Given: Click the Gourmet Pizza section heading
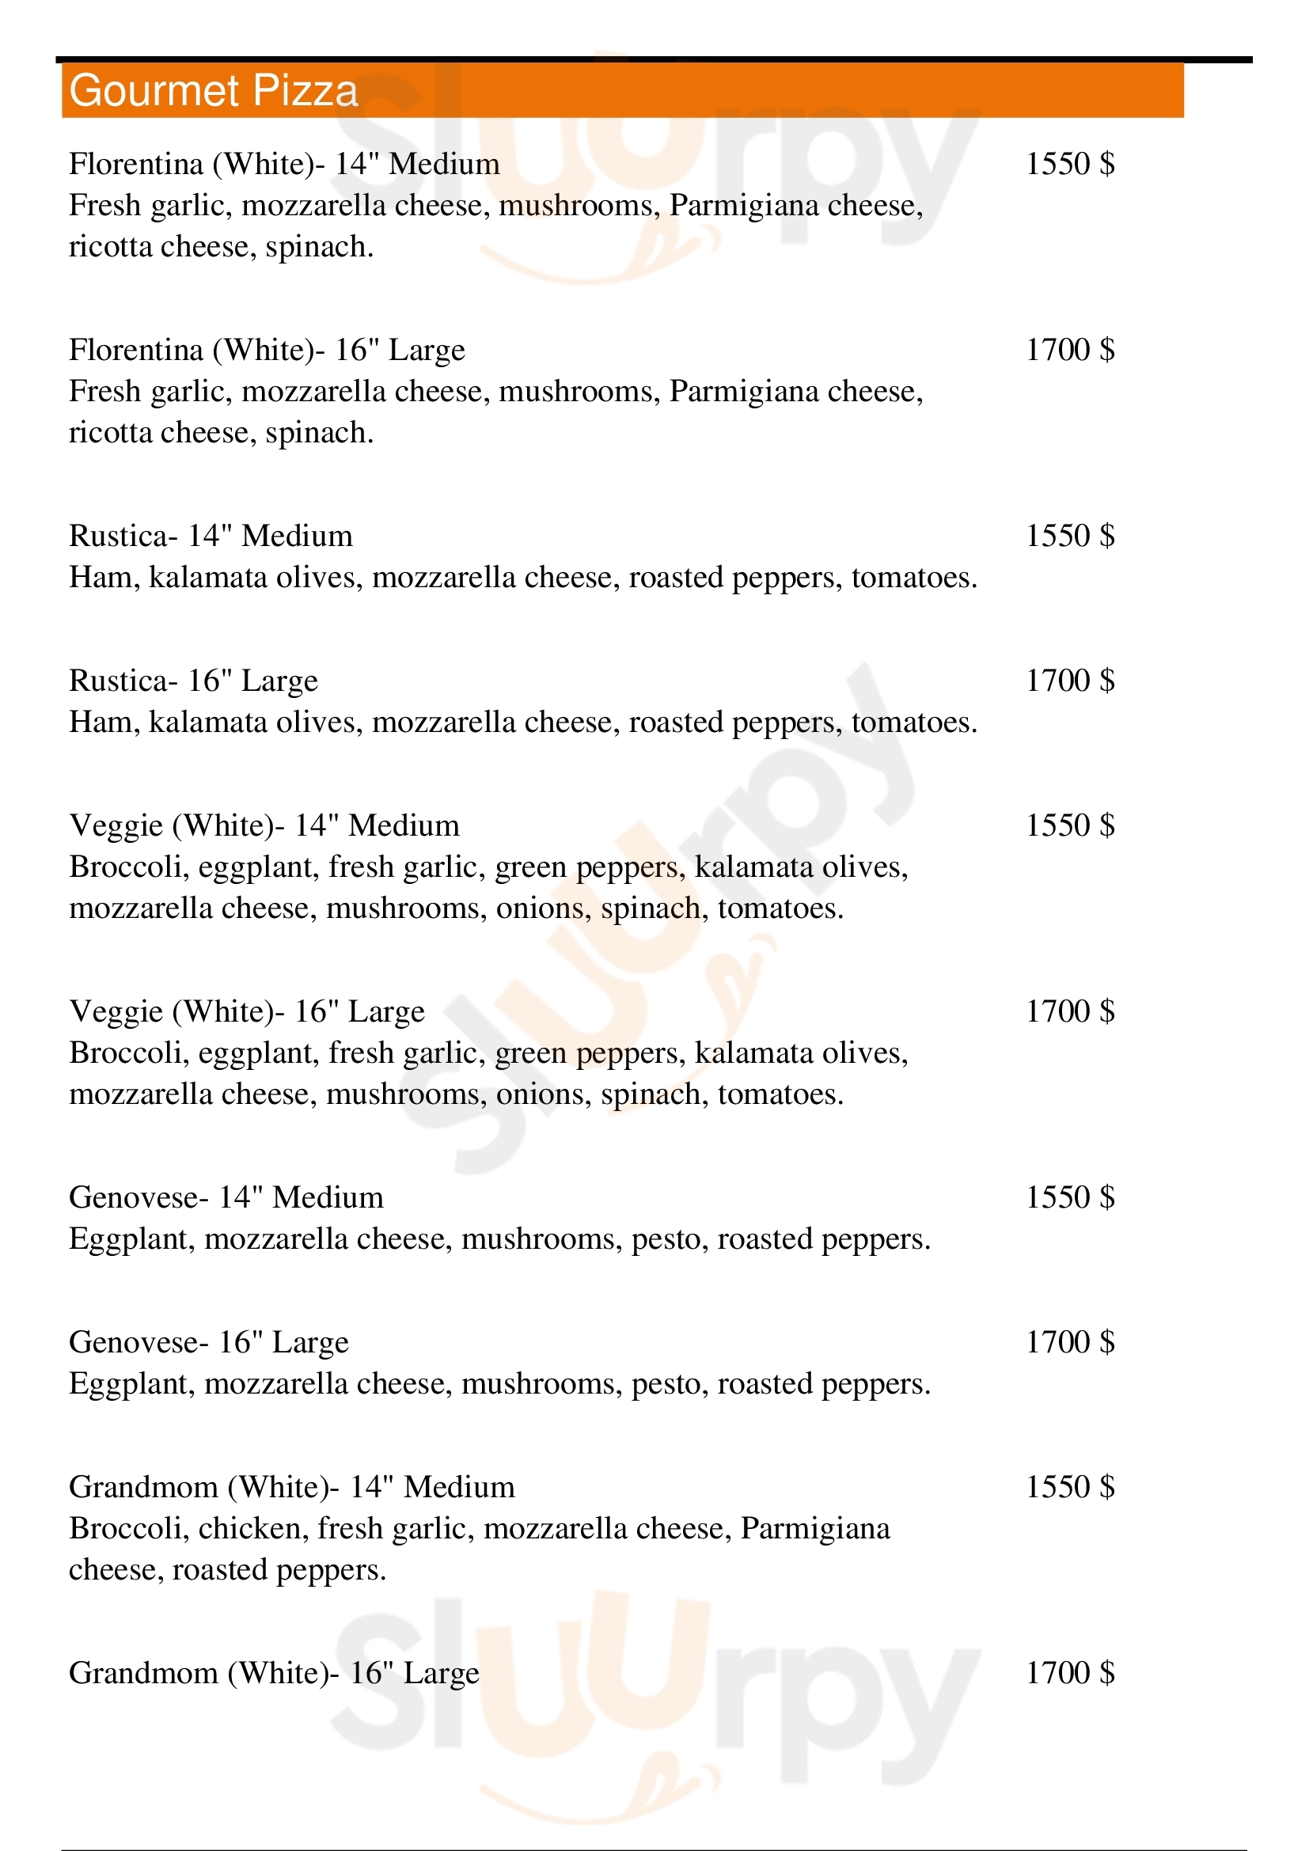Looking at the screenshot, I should click(x=214, y=90).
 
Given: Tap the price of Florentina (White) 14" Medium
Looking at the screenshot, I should click(x=1070, y=164).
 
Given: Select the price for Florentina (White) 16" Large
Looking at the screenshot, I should click(x=1070, y=350).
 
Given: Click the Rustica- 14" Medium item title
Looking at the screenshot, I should click(x=211, y=536).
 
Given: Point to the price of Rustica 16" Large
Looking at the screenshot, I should click(x=1070, y=681).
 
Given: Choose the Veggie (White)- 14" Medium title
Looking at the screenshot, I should click(x=264, y=825).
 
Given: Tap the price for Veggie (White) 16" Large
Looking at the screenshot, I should click(x=1070, y=1011).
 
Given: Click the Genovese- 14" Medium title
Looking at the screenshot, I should click(x=226, y=1197).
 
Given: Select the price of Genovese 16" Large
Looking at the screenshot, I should click(x=1070, y=1341).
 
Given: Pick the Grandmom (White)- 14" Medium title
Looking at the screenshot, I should click(x=292, y=1487).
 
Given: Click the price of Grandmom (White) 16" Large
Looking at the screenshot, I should click(x=1070, y=1673).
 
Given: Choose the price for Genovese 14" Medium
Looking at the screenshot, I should click(x=1070, y=1197).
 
